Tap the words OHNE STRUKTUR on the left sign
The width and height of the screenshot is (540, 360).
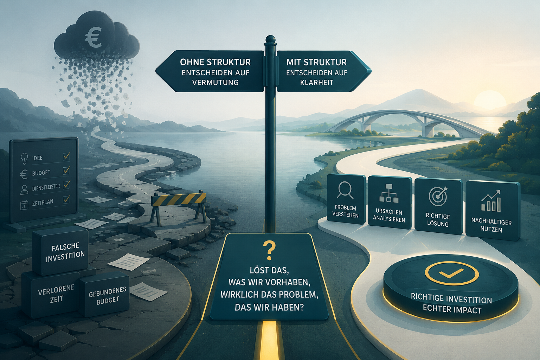click(x=215, y=62)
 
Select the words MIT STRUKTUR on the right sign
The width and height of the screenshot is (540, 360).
click(x=316, y=62)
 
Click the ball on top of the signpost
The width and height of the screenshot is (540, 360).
click(x=270, y=39)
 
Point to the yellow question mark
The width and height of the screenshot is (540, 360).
click(x=270, y=251)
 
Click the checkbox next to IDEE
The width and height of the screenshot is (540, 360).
click(x=66, y=156)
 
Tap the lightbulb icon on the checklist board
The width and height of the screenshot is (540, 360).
click(x=24, y=159)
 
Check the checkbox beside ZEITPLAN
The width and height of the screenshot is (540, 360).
click(x=66, y=200)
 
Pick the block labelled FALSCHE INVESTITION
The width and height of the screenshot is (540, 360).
click(x=60, y=251)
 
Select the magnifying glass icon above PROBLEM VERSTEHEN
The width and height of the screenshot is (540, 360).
click(x=345, y=190)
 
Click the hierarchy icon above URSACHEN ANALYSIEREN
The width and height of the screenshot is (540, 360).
click(x=388, y=193)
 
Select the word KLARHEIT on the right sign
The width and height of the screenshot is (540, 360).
click(x=316, y=83)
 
